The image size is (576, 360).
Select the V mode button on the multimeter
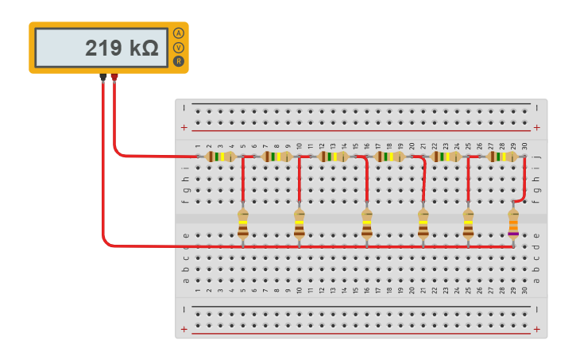tap(178, 48)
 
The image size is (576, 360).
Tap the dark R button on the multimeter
tap(178, 61)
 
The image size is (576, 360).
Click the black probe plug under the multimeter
tap(103, 78)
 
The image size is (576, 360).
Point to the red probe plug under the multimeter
tap(114, 78)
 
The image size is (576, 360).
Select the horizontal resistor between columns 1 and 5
tap(220, 157)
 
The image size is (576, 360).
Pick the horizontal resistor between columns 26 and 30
tap(502, 157)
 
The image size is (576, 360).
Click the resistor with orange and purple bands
tap(513, 224)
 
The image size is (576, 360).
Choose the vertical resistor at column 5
tap(243, 224)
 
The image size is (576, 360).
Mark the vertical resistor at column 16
tap(366, 224)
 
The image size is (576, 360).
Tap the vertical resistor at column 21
tap(423, 224)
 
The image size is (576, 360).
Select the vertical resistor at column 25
tap(468, 224)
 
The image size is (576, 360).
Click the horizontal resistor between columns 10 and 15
tap(333, 157)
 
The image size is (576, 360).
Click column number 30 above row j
tap(524, 146)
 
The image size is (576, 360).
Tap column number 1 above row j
tap(198, 146)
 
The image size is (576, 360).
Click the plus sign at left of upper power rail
tap(184, 127)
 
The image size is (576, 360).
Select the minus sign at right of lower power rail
tap(539, 308)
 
